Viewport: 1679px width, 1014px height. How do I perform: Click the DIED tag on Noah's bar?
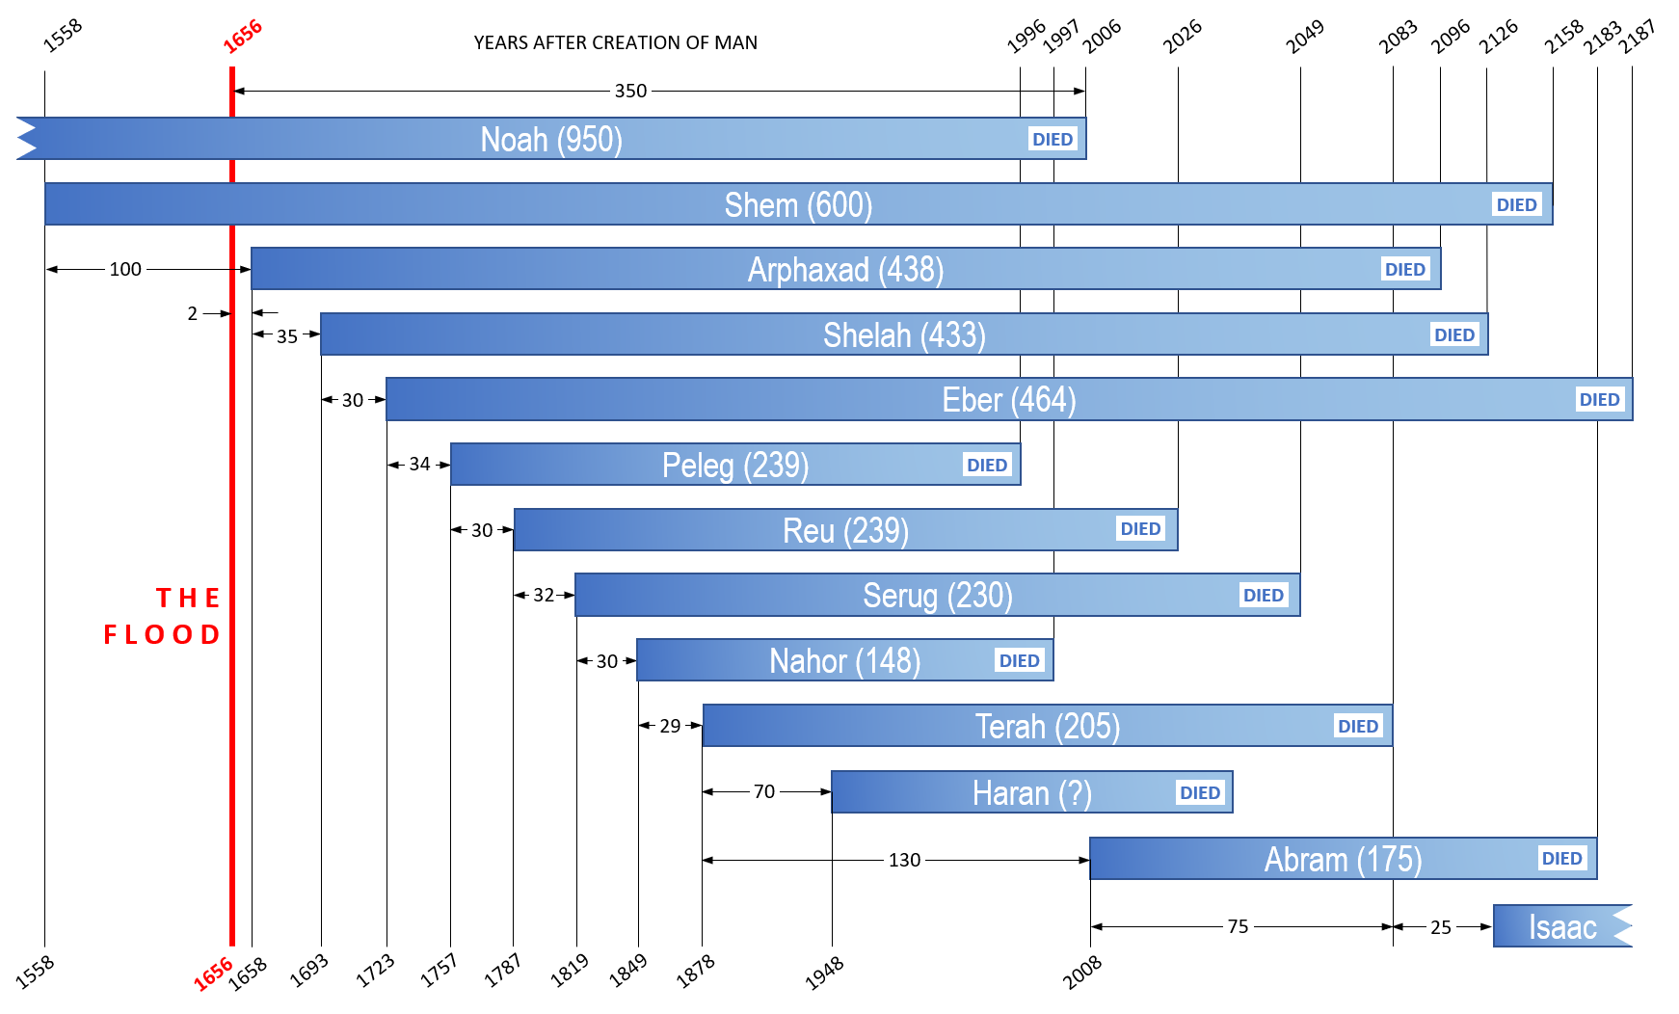(x=1052, y=140)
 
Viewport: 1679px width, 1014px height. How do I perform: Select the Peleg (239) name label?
(x=735, y=466)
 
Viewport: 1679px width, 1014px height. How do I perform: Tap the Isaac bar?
(x=1561, y=927)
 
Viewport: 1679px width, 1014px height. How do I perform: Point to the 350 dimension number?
(x=630, y=91)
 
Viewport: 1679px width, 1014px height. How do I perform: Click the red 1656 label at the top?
(x=243, y=37)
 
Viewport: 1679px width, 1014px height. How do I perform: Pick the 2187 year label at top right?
(x=1638, y=37)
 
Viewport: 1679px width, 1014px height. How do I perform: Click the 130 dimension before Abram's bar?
(x=904, y=860)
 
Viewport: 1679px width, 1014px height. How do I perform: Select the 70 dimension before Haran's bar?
(x=764, y=791)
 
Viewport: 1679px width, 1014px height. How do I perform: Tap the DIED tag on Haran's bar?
(x=1200, y=792)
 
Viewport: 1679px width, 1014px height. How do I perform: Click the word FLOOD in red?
(x=162, y=634)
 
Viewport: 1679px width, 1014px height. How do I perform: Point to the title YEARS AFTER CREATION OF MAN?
(x=615, y=42)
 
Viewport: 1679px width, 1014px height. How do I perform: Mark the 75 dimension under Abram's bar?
(x=1238, y=926)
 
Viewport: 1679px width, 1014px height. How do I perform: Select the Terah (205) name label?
(x=1047, y=727)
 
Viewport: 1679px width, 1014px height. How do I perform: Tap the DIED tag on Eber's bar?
(x=1599, y=400)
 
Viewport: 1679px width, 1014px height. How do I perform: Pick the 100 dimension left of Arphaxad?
(x=125, y=269)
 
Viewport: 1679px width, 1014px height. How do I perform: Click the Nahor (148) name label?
(x=844, y=661)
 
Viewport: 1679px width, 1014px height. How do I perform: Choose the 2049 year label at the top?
(x=1305, y=37)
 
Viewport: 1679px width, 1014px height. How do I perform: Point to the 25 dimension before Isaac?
(x=1440, y=927)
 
